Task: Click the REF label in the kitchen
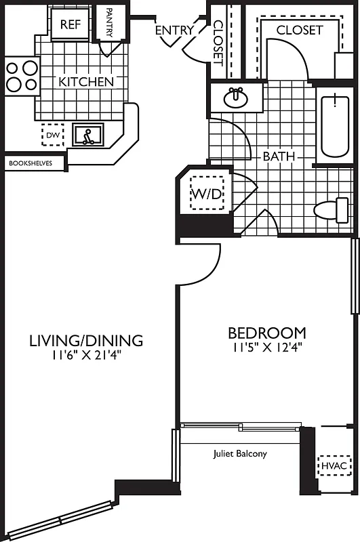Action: (x=71, y=25)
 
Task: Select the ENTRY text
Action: (x=174, y=30)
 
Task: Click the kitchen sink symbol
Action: (x=88, y=135)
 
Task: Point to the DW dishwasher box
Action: (x=52, y=135)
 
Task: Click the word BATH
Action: (x=279, y=157)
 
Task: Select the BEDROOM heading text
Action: (x=266, y=333)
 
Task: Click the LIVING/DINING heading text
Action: (x=86, y=340)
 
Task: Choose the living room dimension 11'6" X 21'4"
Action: (x=86, y=354)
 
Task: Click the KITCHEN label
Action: (x=86, y=82)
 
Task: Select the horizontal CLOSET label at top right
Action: (x=299, y=30)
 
